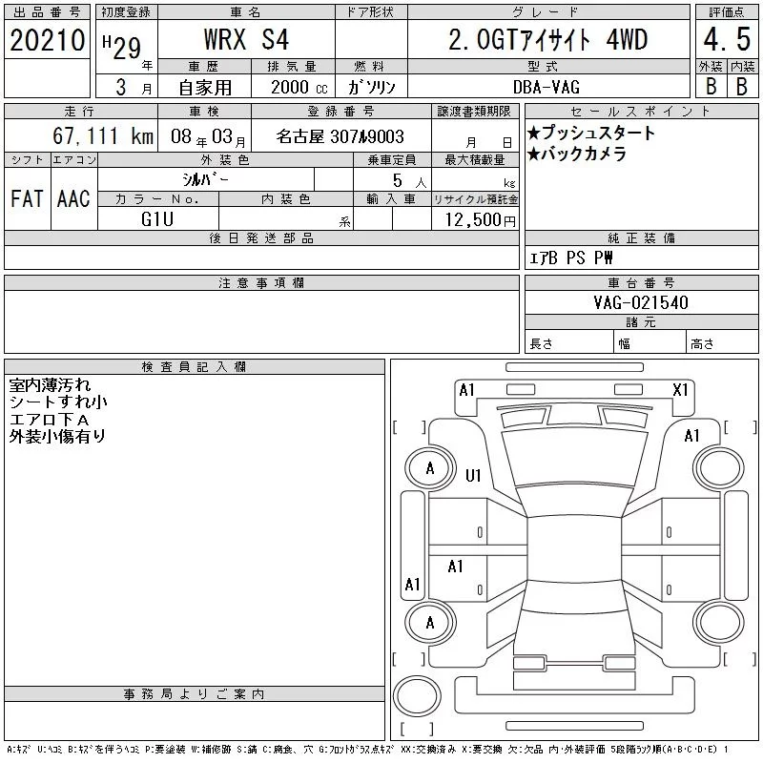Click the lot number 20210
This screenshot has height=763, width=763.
47,40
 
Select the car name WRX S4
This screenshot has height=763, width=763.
246,39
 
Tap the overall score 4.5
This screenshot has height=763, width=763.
727,39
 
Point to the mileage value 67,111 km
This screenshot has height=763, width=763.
103,135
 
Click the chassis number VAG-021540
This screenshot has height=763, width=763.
641,302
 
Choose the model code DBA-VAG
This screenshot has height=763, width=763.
546,87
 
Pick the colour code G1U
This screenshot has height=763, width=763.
157,219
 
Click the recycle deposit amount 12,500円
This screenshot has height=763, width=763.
480,220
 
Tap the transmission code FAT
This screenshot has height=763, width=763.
27,198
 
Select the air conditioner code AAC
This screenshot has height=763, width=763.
73,198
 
